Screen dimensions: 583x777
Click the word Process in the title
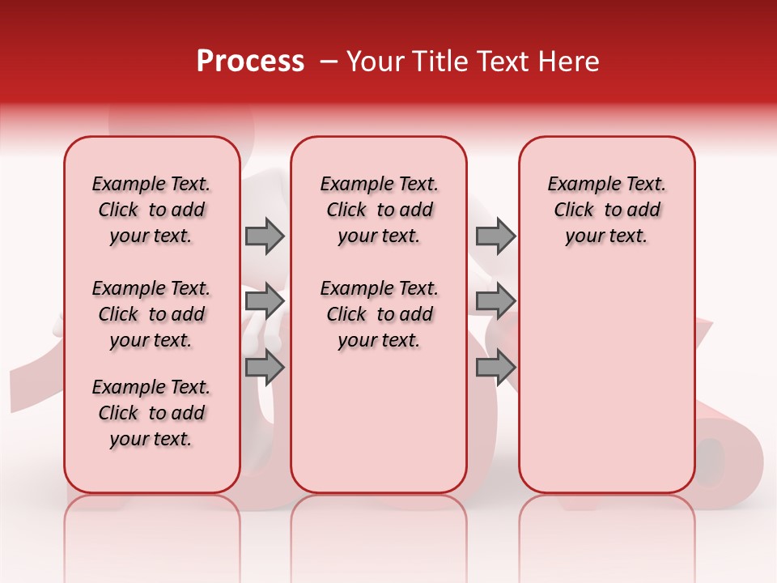coord(250,62)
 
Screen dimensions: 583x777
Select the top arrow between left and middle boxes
coord(265,236)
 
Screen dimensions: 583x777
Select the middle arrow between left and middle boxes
coord(265,302)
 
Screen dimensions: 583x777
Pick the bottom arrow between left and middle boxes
coord(265,368)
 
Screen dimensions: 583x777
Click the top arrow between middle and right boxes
coord(495,236)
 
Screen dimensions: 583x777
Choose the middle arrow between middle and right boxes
coord(495,302)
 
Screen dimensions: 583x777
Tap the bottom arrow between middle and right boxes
coord(495,368)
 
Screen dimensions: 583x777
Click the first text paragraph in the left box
coord(151,210)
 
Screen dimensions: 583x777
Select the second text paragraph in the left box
coord(151,314)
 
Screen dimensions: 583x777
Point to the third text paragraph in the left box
coord(151,413)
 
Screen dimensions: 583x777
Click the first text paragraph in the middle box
coord(379,210)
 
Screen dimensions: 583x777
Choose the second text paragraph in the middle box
coord(379,314)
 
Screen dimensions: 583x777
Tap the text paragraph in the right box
coord(606,210)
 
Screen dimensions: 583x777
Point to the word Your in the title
coord(375,62)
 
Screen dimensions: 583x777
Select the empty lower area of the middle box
coord(379,421)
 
